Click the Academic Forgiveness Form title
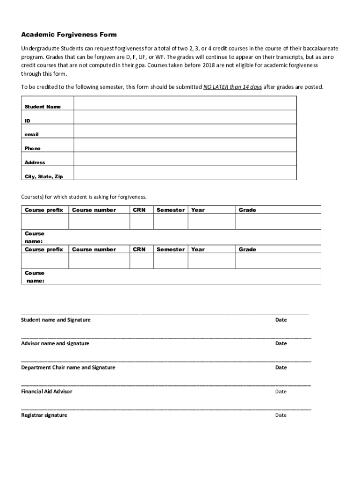[69, 35]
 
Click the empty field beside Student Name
[185, 103]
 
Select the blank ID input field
[185, 117]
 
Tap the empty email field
[185, 131]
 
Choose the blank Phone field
[185, 145]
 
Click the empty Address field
[185, 159]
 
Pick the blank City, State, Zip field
[185, 173]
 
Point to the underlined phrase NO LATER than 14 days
[232, 87]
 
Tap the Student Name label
[43, 107]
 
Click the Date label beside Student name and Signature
[281, 320]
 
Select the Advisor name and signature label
[55, 343]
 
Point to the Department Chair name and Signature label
[68, 367]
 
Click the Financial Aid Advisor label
[47, 391]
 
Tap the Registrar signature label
[44, 415]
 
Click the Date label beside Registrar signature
[281, 415]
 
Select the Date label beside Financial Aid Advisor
[281, 391]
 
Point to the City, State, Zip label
[43, 176]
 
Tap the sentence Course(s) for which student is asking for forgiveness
[84, 197]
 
